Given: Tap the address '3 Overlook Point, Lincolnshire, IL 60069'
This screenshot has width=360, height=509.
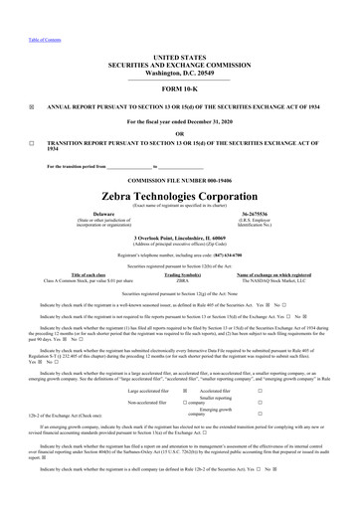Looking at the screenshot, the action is (x=180, y=239).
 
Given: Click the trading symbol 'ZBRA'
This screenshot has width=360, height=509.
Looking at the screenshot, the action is (x=182, y=281).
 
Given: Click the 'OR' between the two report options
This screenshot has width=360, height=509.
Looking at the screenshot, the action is (x=180, y=134).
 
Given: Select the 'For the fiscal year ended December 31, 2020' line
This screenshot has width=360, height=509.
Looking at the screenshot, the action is (x=180, y=121).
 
